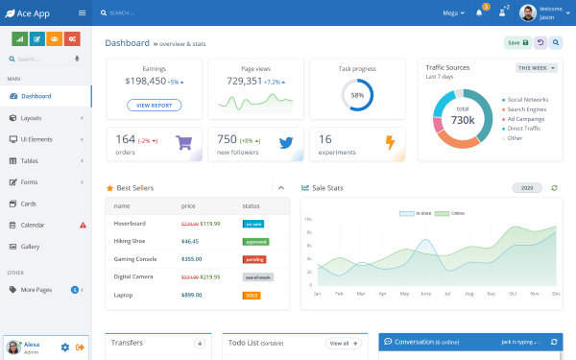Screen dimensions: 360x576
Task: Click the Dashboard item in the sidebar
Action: click(x=36, y=96)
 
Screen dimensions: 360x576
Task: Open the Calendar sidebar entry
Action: click(x=33, y=225)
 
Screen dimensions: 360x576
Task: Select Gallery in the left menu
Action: click(x=31, y=247)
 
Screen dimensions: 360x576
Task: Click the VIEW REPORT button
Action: click(x=154, y=105)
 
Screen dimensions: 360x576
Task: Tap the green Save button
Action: click(x=517, y=42)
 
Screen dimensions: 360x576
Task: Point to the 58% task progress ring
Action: click(x=357, y=95)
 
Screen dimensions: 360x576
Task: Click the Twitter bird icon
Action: click(x=285, y=143)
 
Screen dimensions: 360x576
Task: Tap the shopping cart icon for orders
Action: click(x=185, y=143)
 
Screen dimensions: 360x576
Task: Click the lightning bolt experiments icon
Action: click(x=389, y=143)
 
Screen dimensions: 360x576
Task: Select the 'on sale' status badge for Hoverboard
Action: click(x=253, y=224)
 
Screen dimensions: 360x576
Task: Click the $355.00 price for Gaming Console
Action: click(x=191, y=258)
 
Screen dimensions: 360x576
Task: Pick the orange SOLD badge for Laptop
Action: click(x=252, y=295)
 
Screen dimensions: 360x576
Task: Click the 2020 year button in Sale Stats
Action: click(x=527, y=188)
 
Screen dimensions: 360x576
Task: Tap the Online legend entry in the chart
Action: click(x=444, y=212)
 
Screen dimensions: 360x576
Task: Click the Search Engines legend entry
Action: click(x=527, y=108)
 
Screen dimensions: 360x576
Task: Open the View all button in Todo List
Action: click(x=344, y=343)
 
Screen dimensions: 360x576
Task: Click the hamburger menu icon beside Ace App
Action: click(x=82, y=12)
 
